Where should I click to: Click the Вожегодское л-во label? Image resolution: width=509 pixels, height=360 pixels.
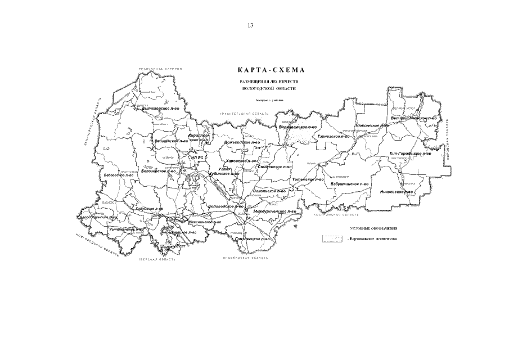pos(242,142)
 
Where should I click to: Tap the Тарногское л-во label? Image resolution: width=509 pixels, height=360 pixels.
pos(334,136)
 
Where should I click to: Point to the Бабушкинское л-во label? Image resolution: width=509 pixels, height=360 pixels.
pos(349,184)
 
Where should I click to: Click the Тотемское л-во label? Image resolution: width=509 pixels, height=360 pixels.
pos(308,179)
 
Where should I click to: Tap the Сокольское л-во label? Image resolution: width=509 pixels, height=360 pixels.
pos(270,191)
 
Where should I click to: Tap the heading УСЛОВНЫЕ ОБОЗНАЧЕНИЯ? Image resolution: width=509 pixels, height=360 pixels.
pos(375,229)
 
